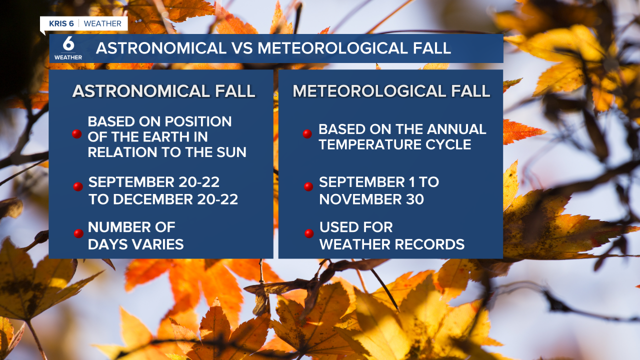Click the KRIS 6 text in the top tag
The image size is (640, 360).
click(x=61, y=23)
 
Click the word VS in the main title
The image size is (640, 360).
click(x=242, y=48)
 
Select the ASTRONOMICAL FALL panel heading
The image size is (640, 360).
click(x=163, y=91)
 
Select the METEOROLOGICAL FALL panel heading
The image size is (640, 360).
click(x=391, y=91)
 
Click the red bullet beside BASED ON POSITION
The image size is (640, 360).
click(x=76, y=133)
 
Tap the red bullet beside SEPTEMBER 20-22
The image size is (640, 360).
click(x=77, y=186)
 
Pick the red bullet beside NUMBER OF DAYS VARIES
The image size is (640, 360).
click(x=78, y=233)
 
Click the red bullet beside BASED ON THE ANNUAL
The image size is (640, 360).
click(x=307, y=133)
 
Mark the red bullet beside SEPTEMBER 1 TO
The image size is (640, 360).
click(x=308, y=186)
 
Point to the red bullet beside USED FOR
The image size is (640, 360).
click(x=309, y=233)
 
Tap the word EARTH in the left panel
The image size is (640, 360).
click(x=159, y=136)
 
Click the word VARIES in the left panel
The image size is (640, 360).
click(x=156, y=244)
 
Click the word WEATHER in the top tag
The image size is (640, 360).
click(x=102, y=23)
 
